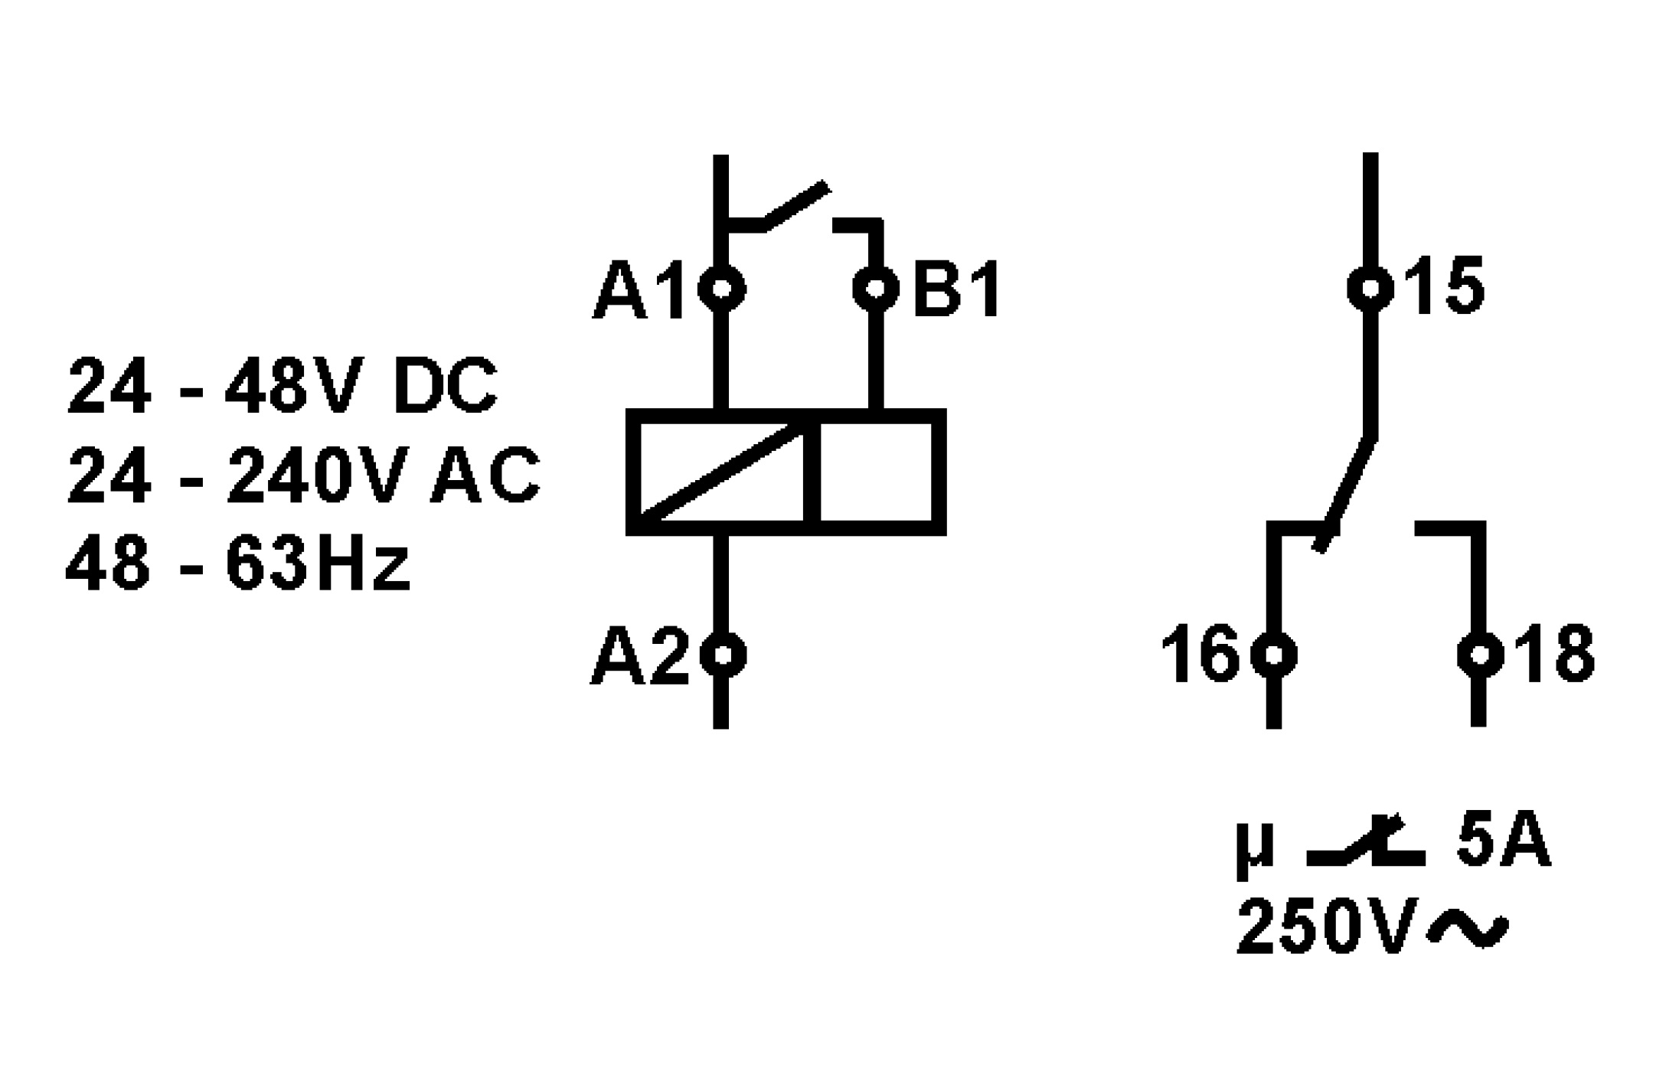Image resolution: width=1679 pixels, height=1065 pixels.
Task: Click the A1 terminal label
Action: pyautogui.click(x=639, y=292)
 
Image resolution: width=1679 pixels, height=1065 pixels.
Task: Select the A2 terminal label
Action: pyautogui.click(x=641, y=657)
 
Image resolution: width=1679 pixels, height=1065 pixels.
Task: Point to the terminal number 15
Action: pyautogui.click(x=1444, y=287)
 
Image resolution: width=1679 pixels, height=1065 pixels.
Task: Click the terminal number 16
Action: pyautogui.click(x=1200, y=655)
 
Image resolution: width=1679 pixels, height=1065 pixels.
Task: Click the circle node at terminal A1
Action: pyautogui.click(x=721, y=289)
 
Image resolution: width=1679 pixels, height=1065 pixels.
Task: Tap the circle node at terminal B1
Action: pyautogui.click(x=876, y=289)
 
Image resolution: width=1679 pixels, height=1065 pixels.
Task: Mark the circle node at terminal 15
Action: pyautogui.click(x=1370, y=289)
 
